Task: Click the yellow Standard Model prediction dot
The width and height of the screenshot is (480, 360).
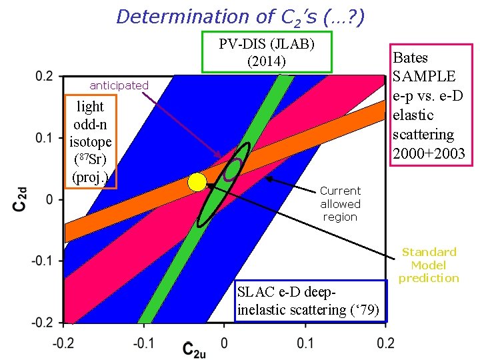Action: (x=197, y=182)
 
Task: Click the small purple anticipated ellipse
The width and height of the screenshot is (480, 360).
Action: (x=233, y=169)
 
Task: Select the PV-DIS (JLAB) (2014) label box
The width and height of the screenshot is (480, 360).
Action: (x=267, y=53)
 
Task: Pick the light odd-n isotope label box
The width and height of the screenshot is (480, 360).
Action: (x=90, y=142)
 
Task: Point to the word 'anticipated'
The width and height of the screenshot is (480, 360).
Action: (x=119, y=85)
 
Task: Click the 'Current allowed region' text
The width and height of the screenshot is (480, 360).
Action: (x=339, y=203)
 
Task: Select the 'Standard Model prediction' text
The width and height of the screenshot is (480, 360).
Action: (x=429, y=265)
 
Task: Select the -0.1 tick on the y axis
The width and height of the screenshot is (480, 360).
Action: (x=41, y=261)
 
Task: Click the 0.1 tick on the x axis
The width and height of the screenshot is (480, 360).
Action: (x=305, y=343)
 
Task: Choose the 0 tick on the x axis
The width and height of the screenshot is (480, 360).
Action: (x=225, y=343)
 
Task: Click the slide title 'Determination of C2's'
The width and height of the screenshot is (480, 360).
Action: (x=240, y=16)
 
